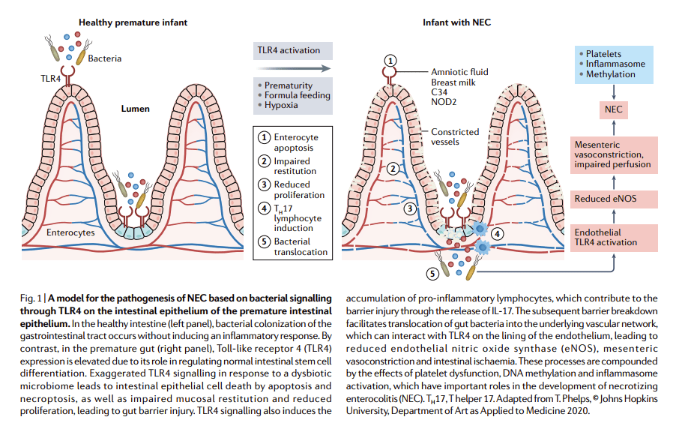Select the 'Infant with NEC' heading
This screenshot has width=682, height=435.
pyautogui.click(x=458, y=22)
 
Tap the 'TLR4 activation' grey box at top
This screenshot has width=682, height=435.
pyautogui.click(x=289, y=51)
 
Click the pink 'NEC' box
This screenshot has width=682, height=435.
pyautogui.click(x=614, y=110)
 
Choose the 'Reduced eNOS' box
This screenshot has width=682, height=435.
pyautogui.click(x=614, y=199)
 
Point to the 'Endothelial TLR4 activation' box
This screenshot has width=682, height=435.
pyautogui.click(x=614, y=237)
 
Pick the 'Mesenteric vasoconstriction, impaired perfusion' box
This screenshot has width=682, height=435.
pyautogui.click(x=614, y=154)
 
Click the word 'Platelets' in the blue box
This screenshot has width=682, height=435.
pyautogui.click(x=609, y=54)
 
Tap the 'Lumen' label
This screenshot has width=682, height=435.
pyautogui.click(x=136, y=109)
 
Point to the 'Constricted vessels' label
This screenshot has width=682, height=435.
pyautogui.click(x=454, y=137)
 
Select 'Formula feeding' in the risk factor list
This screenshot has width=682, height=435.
pyautogui.click(x=297, y=95)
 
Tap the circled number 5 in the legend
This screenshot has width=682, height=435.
pyautogui.click(x=264, y=241)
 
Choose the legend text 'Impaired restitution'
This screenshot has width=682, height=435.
pyautogui.click(x=295, y=166)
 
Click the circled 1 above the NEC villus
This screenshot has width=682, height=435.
pyautogui.click(x=390, y=60)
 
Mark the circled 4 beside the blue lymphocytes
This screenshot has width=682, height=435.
pyautogui.click(x=497, y=233)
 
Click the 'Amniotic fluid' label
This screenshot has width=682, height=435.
pyautogui.click(x=459, y=72)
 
